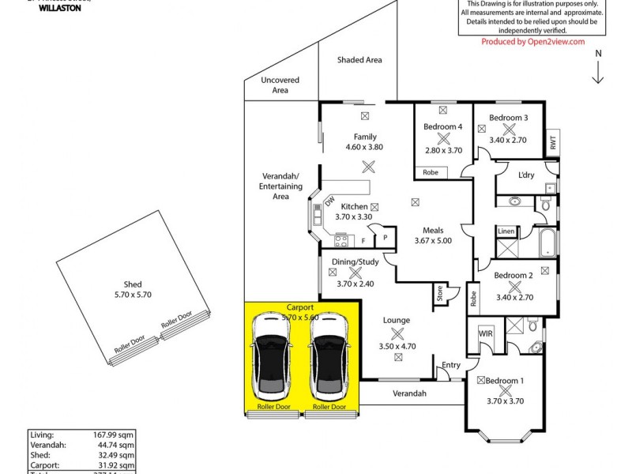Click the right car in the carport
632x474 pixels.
point(329,359)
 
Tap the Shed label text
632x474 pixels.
point(133,285)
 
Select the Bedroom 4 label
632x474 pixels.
point(442,127)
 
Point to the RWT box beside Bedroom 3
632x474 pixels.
point(553,144)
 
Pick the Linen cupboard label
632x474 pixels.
point(506,231)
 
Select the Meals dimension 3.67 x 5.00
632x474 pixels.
point(433,241)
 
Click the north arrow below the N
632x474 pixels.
point(600,73)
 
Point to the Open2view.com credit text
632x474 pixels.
point(533,42)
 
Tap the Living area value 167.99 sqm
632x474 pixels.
point(112,434)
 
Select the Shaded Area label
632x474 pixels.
point(359,60)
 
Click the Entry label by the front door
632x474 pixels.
point(451,365)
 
